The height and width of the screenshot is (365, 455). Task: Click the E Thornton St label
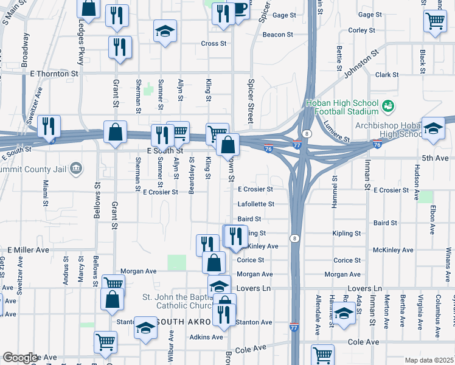(x=54, y=73)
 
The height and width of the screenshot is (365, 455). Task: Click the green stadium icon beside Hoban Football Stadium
(x=387, y=107)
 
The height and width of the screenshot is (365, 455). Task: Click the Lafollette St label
(x=255, y=204)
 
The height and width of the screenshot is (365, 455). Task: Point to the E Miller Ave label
(x=28, y=250)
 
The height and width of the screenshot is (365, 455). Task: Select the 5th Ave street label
(x=435, y=158)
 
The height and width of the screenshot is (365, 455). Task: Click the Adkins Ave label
(x=206, y=336)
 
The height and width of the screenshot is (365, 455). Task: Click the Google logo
(x=20, y=357)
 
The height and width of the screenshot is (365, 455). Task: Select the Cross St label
(x=213, y=44)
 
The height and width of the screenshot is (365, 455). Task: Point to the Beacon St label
(x=277, y=35)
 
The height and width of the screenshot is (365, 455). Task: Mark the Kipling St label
(x=347, y=234)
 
